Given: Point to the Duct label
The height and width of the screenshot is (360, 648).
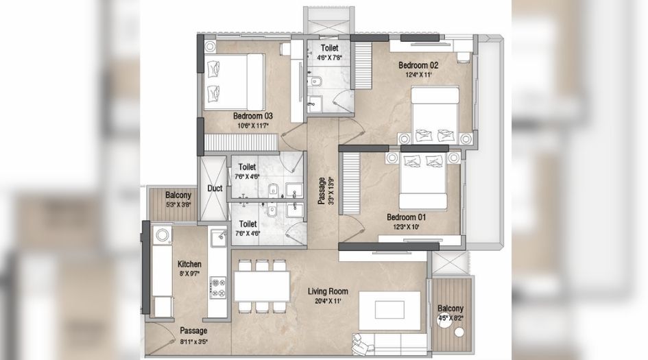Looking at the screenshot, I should [x=215, y=189].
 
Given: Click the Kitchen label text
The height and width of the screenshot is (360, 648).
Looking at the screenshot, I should [x=189, y=263].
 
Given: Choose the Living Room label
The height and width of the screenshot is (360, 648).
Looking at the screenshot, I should [x=333, y=291].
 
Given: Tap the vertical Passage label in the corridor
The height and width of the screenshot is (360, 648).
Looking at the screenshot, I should [x=322, y=191].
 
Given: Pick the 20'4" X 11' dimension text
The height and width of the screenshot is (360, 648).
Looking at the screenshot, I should [x=333, y=300].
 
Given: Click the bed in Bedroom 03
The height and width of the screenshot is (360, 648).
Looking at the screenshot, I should [x=233, y=81].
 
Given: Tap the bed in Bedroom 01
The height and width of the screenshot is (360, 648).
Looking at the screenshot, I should [x=423, y=180].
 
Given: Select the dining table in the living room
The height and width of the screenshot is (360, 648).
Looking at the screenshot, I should [x=262, y=285].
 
